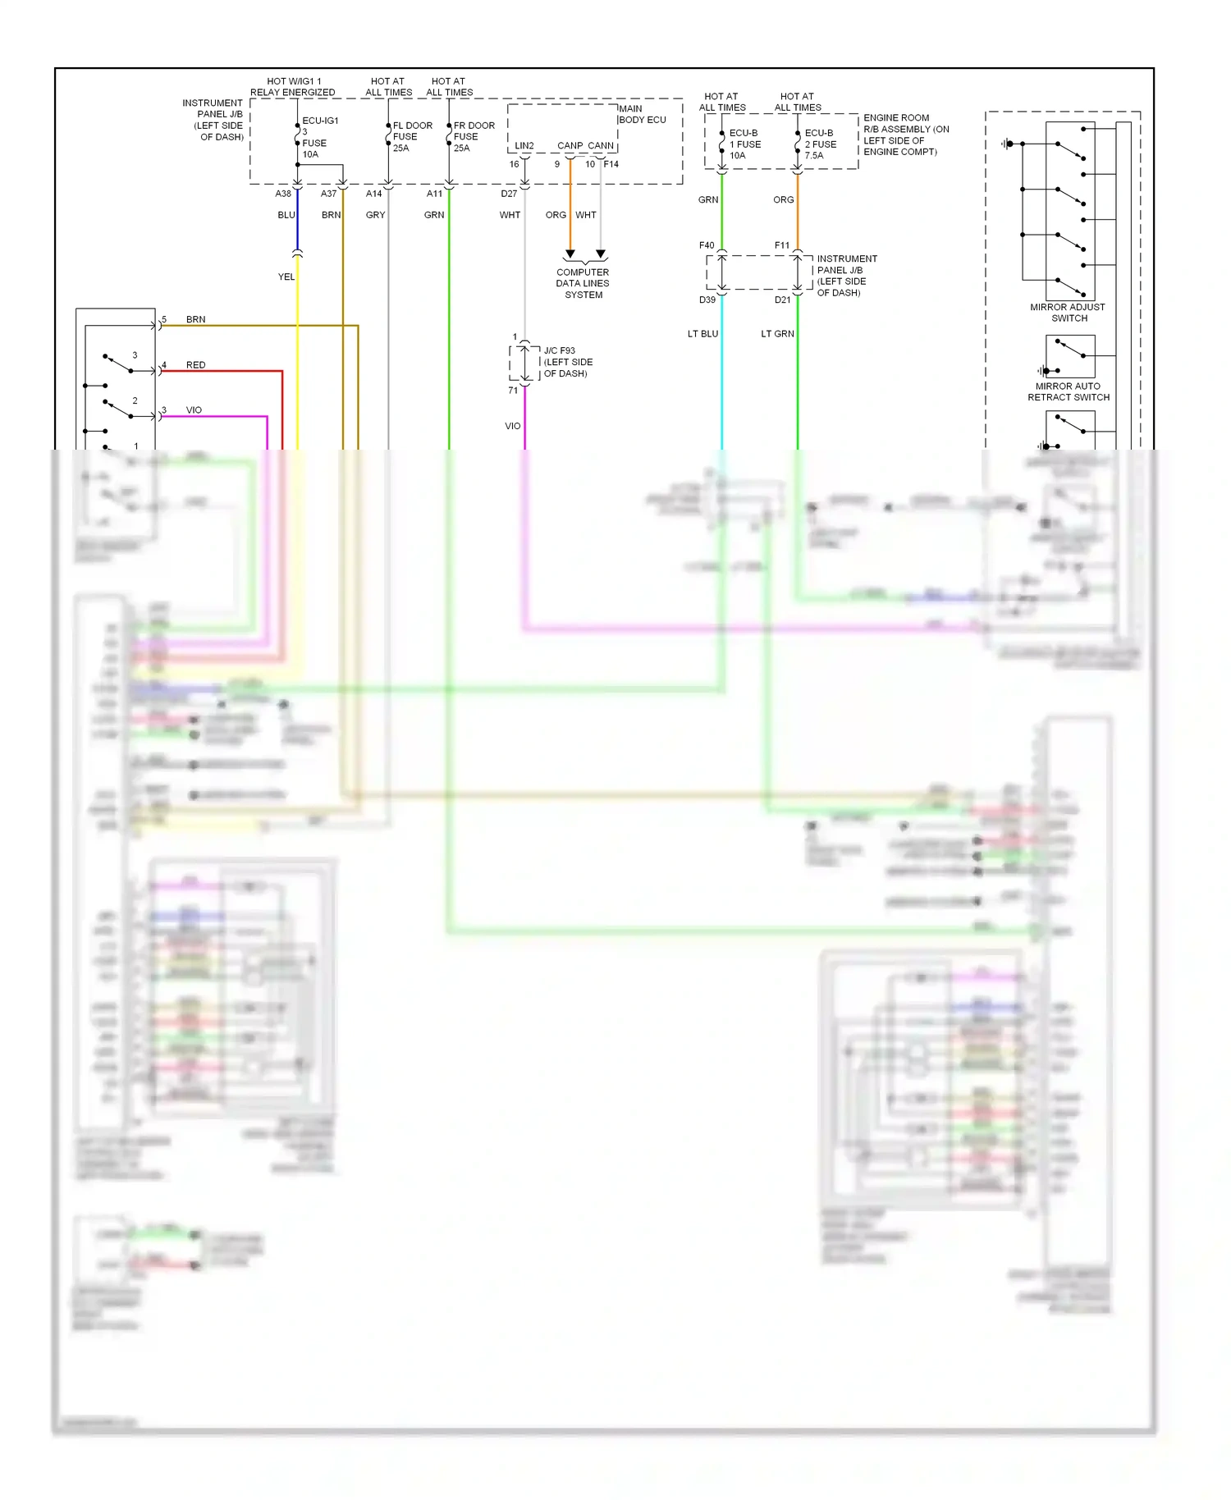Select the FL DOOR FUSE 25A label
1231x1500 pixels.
[412, 137]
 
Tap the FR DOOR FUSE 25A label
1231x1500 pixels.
[474, 137]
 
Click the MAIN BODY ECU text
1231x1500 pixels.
[642, 114]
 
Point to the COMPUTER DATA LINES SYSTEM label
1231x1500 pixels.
[583, 283]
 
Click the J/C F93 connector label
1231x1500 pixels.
[567, 362]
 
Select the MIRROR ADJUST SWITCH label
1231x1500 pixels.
[1068, 313]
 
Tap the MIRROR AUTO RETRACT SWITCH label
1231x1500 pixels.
[1068, 391]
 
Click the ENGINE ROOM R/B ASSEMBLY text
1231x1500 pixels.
[905, 135]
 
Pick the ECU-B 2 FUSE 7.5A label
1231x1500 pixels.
[820, 144]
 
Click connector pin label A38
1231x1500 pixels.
[283, 194]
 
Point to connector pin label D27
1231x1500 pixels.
[509, 194]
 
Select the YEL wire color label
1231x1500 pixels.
[286, 277]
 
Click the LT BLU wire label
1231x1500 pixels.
[702, 334]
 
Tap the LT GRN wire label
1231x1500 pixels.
[777, 334]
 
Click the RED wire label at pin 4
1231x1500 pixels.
[195, 365]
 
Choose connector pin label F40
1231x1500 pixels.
[707, 245]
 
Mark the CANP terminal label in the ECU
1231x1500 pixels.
[570, 146]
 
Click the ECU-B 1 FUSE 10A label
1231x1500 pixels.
[744, 144]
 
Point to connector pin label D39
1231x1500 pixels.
[707, 300]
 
